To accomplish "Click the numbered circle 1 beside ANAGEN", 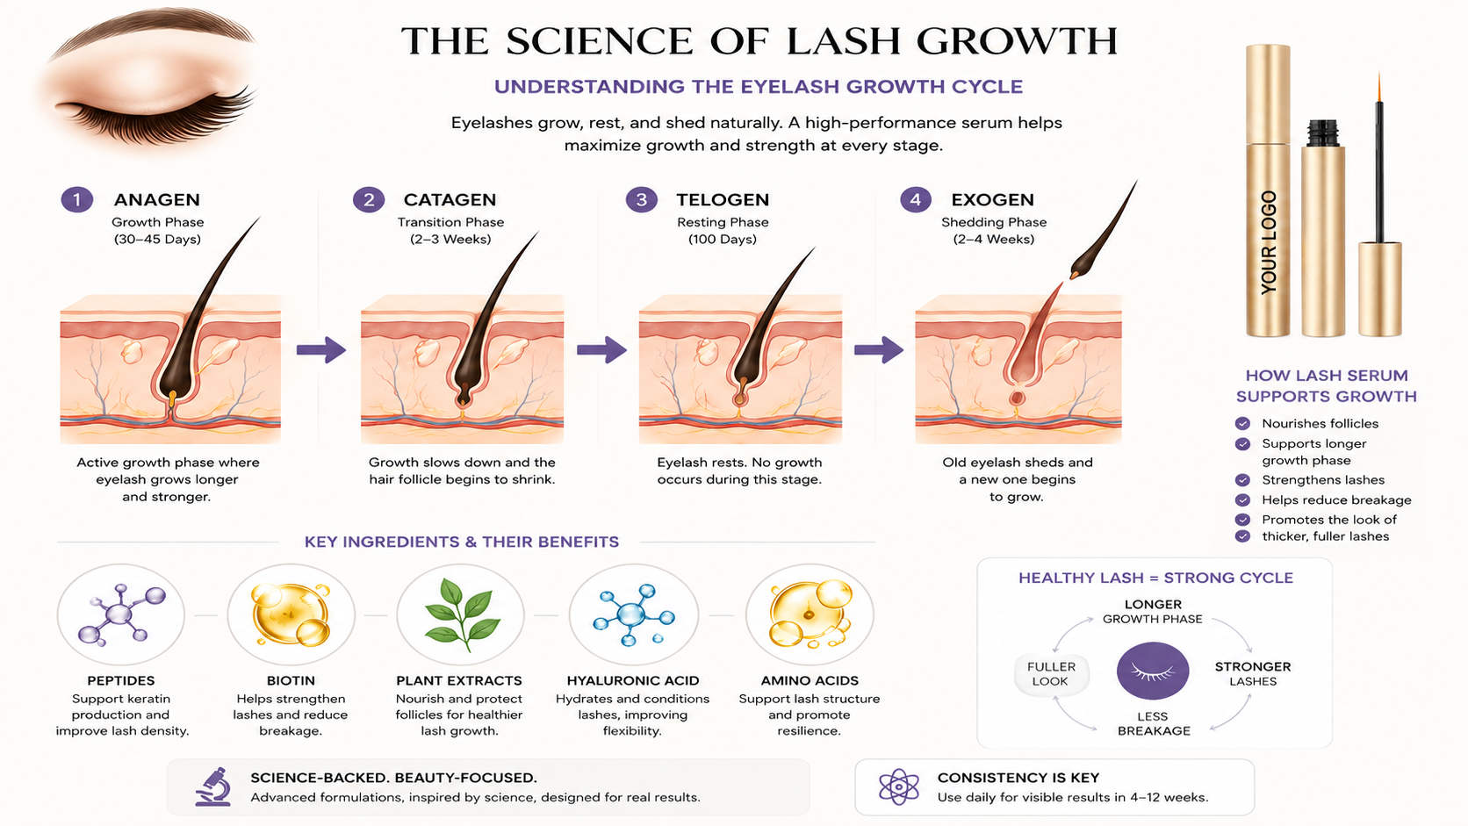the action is click(x=76, y=199).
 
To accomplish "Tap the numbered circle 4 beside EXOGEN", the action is click(x=916, y=199).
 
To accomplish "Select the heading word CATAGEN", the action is click(x=450, y=200).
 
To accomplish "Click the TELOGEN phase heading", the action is click(x=723, y=200).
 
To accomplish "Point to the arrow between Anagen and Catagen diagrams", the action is click(x=321, y=349).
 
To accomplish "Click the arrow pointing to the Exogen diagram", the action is click(x=879, y=349).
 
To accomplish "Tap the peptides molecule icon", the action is click(x=120, y=614).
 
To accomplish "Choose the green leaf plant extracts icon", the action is click(x=461, y=614).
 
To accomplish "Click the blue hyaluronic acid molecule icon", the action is click(x=633, y=614).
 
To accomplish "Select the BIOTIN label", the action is click(x=291, y=680).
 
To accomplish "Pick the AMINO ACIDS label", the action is click(x=810, y=680).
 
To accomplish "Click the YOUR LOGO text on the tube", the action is click(x=1269, y=242).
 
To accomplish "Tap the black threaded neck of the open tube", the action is click(x=1322, y=133).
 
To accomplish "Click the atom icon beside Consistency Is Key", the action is click(x=898, y=786).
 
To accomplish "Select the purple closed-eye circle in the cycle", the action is click(x=1153, y=671).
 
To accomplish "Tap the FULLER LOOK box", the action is click(x=1051, y=673).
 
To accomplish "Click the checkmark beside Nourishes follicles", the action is click(x=1241, y=423).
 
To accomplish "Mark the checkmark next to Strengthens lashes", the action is click(x=1241, y=479).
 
